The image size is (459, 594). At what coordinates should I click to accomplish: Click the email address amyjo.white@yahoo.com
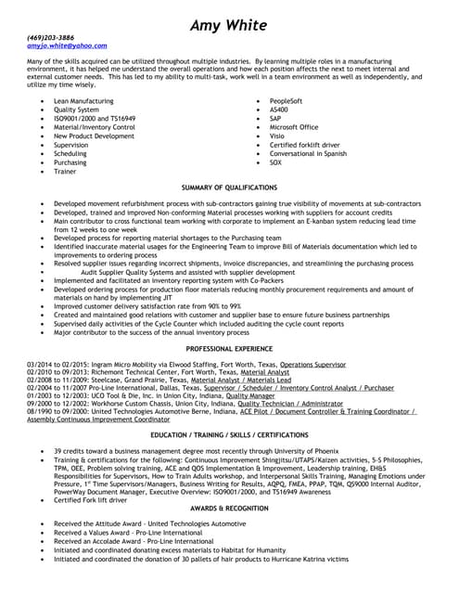point(67,45)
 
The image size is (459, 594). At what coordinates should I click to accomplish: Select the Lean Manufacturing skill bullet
point(83,99)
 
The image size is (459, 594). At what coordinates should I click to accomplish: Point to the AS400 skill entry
point(279,109)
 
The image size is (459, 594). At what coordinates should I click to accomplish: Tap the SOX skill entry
point(275,162)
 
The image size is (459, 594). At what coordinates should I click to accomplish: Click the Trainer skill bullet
point(65,172)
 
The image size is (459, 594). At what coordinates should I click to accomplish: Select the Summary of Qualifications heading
point(229,187)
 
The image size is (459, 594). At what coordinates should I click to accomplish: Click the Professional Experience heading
point(229,348)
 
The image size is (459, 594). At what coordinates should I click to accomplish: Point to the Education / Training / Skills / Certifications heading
point(229,434)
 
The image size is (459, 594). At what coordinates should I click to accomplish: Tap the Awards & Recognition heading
point(229,509)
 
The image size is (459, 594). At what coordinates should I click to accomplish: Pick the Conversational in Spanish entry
point(308,154)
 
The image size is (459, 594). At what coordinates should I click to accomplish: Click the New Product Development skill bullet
point(94,136)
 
